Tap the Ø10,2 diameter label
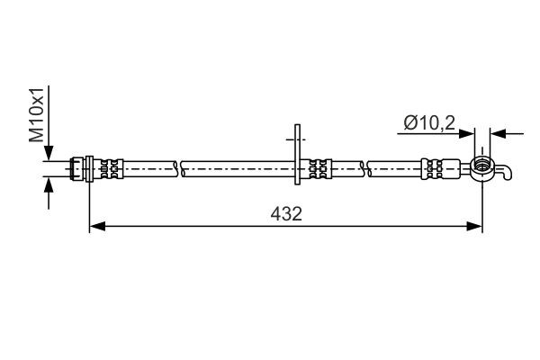click(425, 120)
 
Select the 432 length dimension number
click(286, 214)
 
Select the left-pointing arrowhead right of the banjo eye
click(499, 134)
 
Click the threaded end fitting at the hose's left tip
click(78, 167)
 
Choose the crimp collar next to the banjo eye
click(433, 167)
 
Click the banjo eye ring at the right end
click(482, 166)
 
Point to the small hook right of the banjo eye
click(508, 171)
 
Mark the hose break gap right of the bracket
click(365, 167)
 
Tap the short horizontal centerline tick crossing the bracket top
click(296, 139)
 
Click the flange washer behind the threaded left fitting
click(88, 167)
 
